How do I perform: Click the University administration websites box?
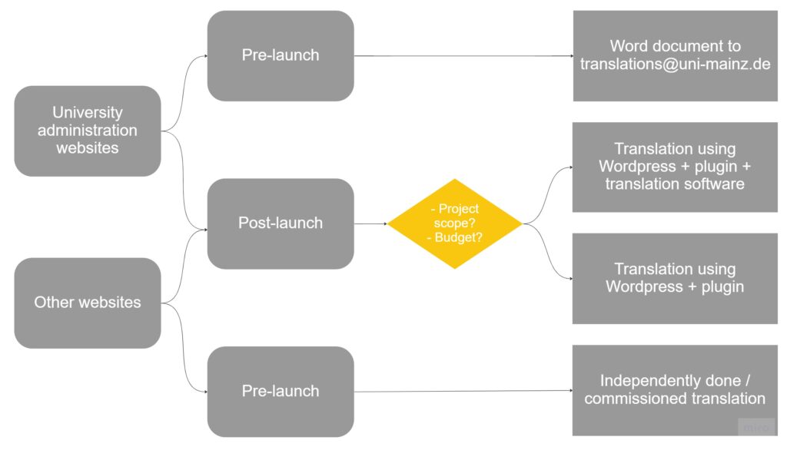coord(87,131)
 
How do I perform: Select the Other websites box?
coord(87,303)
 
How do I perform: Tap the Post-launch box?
coord(281,223)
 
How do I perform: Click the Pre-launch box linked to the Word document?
coord(281,55)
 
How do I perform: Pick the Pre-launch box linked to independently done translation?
coord(281,391)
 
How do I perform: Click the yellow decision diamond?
coord(455,223)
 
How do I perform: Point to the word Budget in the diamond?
coord(459,238)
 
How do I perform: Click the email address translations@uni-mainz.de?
coord(675,65)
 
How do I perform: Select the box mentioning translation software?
coord(675,167)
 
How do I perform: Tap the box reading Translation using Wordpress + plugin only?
coord(675,278)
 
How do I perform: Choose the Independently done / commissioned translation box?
coord(675,390)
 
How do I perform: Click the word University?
coord(87,113)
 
